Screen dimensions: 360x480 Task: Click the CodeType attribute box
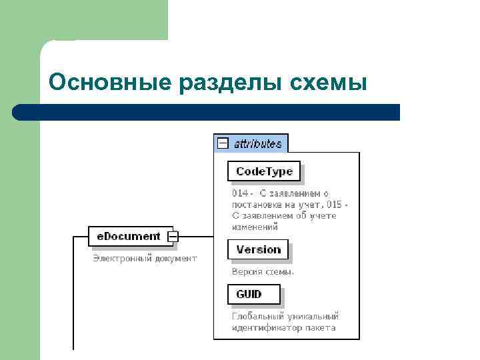coord(264,171)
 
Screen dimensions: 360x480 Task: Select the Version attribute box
coord(258,249)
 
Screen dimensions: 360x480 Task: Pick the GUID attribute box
coord(253,294)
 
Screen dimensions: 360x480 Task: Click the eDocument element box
coord(129,236)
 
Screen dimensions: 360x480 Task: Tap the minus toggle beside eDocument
coord(173,236)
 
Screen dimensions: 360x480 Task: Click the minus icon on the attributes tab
coord(223,143)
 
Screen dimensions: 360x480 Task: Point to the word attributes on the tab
coord(257,143)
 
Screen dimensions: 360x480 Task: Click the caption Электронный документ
coord(145,258)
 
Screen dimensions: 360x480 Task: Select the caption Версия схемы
coord(263,271)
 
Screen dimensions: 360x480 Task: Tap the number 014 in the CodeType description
coord(239,193)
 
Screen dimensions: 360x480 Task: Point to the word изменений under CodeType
coord(255,227)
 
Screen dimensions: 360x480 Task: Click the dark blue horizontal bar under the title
coord(207,111)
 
